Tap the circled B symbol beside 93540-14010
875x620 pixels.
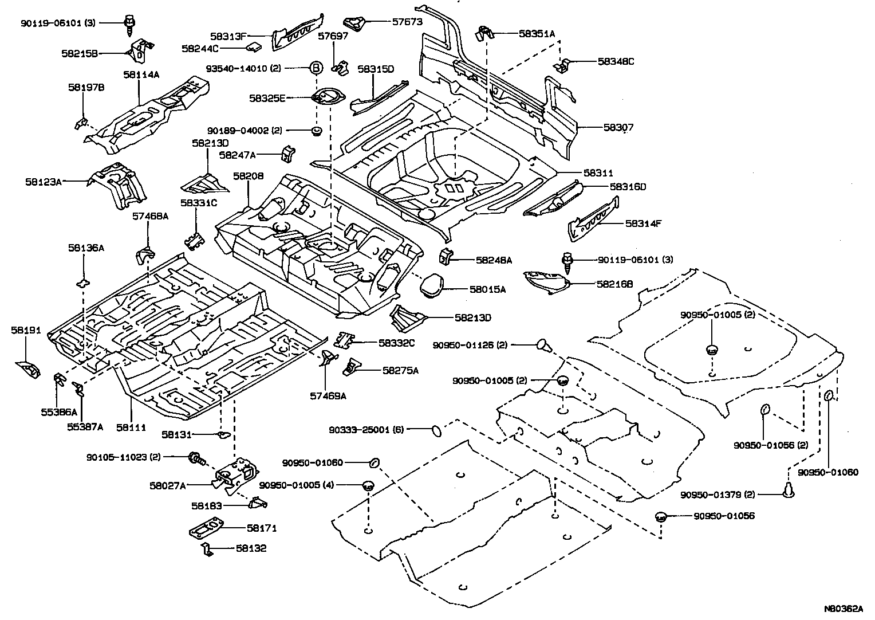click(x=316, y=68)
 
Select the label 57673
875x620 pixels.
click(x=407, y=22)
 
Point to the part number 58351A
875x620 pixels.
click(x=537, y=34)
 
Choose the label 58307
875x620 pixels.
click(x=618, y=127)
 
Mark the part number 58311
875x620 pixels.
click(x=598, y=172)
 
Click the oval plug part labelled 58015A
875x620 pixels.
click(x=432, y=286)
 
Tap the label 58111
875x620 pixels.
click(x=131, y=427)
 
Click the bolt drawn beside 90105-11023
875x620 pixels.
click(x=196, y=458)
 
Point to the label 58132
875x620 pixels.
click(x=251, y=548)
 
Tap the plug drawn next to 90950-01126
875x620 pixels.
click(x=543, y=345)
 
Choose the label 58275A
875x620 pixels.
click(x=400, y=370)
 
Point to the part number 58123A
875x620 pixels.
click(x=43, y=182)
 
